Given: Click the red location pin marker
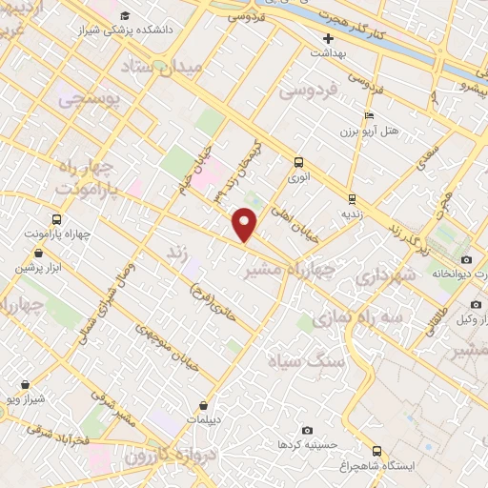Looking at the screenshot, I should click(246, 225).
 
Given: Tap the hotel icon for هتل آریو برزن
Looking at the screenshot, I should click(370, 115).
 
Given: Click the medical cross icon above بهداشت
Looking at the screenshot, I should click(329, 39).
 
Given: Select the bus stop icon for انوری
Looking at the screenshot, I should click(299, 161).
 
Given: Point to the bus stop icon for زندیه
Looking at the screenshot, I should click(353, 199).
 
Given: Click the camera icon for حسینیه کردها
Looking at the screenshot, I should click(306, 430).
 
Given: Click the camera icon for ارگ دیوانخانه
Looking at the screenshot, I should click(466, 259).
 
